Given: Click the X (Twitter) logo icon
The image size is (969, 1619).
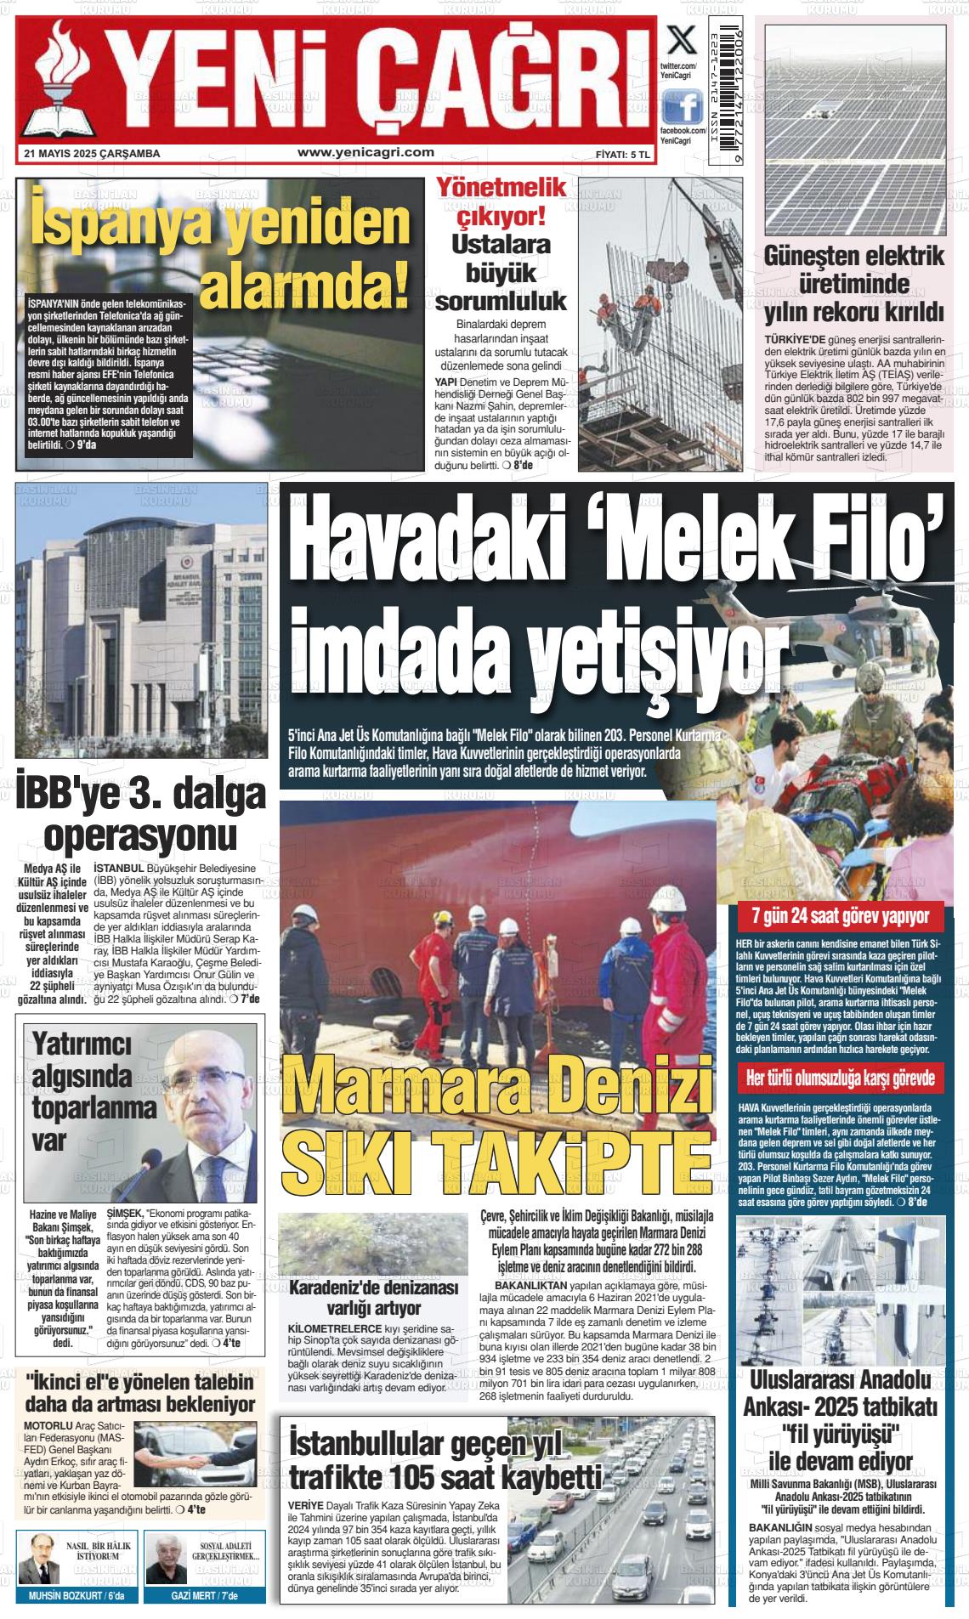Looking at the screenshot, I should [x=679, y=40].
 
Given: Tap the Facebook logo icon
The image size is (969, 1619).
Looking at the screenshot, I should [x=682, y=108].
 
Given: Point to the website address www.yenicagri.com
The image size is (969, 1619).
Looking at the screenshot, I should [x=366, y=152].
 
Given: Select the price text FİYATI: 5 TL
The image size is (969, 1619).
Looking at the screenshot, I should [x=623, y=155].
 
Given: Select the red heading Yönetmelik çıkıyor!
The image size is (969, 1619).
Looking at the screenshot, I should [x=500, y=202].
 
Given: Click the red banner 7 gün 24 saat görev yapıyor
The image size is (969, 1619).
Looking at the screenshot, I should [x=840, y=916].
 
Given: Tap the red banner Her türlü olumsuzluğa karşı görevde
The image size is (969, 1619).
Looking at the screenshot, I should [x=840, y=1078].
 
